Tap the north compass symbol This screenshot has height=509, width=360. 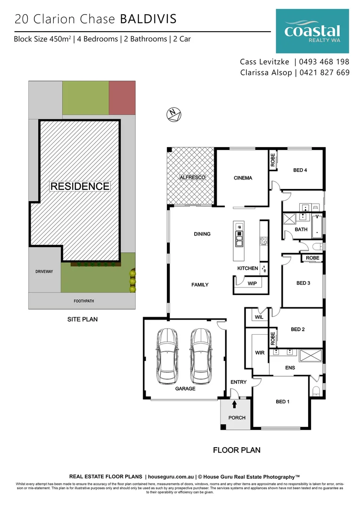pos(174,114)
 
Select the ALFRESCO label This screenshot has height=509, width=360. pos(190,178)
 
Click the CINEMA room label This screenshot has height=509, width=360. pos(243,178)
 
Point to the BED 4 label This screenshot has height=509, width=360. pos(300,170)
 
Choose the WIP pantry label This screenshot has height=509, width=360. pos(252,283)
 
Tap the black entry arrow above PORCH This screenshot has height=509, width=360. pos(235,404)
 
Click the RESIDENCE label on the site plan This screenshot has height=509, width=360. pos(80,186)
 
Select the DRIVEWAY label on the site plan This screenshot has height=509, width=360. pos(45,272)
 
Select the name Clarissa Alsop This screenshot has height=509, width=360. pos(266,73)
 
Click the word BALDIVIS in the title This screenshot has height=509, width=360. pos(148,19)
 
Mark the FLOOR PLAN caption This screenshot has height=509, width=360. pos(237,450)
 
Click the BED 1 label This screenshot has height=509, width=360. pos(283,402)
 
